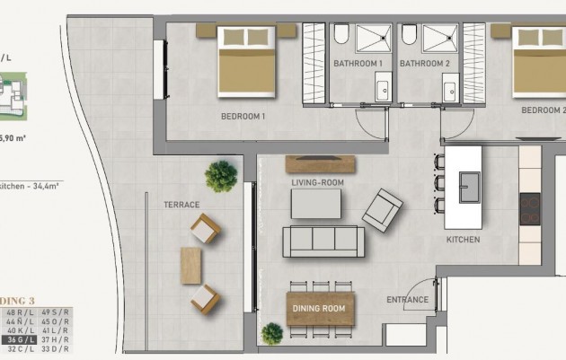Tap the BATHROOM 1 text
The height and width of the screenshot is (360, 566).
(x=358, y=64)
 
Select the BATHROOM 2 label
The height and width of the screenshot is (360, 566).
(x=424, y=64)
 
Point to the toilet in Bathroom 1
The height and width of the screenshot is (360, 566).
(x=341, y=35)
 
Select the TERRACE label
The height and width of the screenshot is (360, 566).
(x=181, y=205)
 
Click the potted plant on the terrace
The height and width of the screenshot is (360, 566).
(x=220, y=176)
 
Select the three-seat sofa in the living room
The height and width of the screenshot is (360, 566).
(x=323, y=242)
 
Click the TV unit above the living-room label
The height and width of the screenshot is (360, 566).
(x=318, y=164)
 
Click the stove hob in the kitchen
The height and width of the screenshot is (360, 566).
(x=530, y=210)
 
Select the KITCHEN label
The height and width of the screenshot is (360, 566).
(x=463, y=240)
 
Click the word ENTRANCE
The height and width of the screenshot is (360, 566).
(x=406, y=300)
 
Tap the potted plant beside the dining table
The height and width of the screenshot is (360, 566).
(x=271, y=334)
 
